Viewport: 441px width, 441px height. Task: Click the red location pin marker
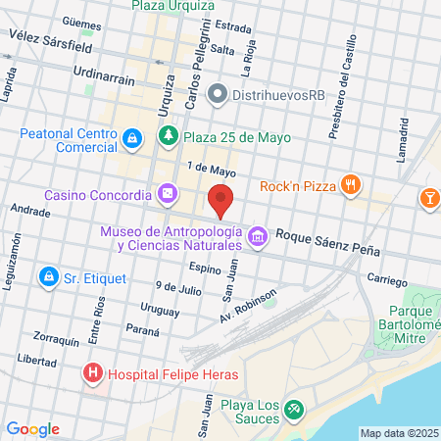tap(221, 200)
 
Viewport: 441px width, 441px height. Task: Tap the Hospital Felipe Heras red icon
tap(92, 372)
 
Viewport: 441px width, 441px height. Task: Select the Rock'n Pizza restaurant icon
tap(350, 185)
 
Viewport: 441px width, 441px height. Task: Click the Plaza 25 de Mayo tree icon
tap(170, 136)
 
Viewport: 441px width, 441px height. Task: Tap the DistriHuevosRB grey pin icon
tap(217, 94)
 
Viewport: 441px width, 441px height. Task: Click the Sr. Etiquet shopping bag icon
tap(47, 278)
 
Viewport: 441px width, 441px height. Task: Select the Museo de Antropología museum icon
tap(258, 235)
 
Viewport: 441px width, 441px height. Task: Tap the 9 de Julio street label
tap(178, 288)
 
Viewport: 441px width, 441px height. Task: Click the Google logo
tap(32, 428)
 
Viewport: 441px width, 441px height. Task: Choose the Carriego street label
tap(387, 281)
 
